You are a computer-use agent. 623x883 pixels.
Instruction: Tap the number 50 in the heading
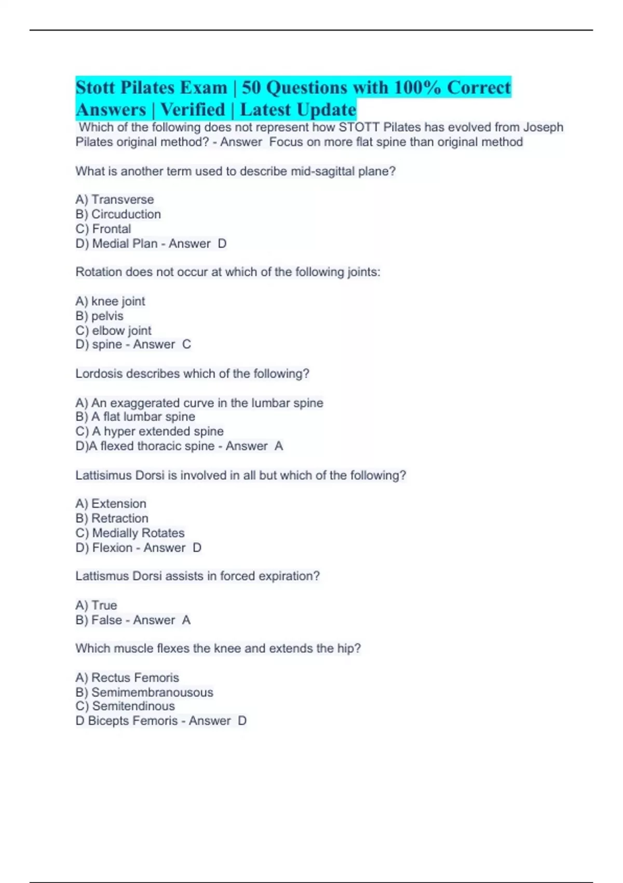[251, 88]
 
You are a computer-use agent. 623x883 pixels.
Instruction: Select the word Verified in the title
[193, 110]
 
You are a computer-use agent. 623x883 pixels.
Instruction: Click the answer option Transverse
[123, 199]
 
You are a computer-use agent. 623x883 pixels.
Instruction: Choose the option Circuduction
[126, 214]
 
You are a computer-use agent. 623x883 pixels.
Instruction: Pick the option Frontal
[112, 229]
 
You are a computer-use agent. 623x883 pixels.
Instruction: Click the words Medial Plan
[125, 244]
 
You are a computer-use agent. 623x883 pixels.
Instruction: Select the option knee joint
[118, 301]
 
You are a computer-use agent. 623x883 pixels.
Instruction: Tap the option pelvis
[107, 316]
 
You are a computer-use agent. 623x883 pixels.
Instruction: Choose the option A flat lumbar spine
[143, 417]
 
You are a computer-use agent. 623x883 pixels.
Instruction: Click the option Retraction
[120, 518]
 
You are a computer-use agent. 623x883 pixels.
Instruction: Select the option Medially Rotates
[138, 533]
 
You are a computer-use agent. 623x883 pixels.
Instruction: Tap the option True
[104, 605]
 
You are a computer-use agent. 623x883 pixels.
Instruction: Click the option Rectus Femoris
[135, 677]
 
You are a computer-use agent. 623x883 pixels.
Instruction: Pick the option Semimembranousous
[152, 692]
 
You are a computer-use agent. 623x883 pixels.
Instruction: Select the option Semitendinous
[133, 706]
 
